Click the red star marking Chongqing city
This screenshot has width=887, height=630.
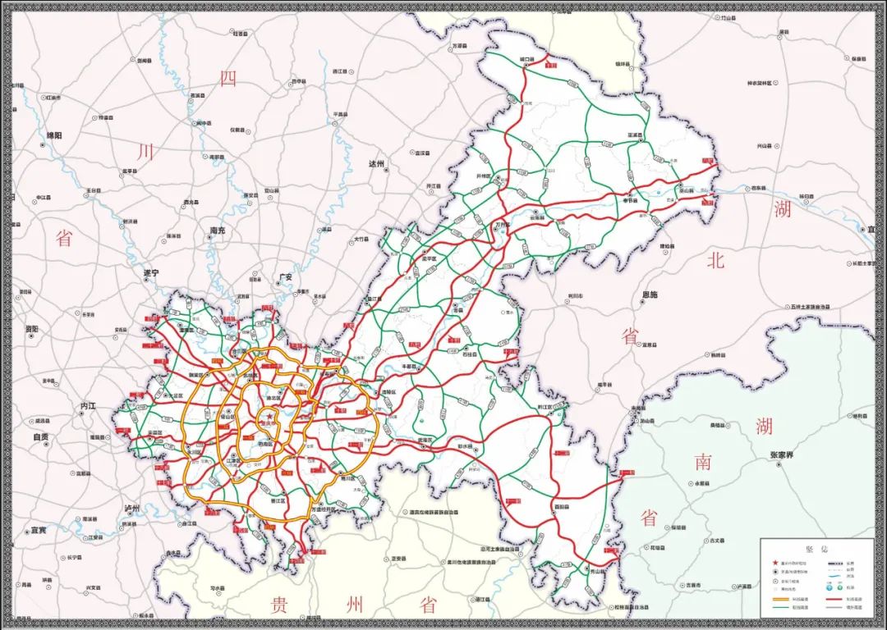(x=268, y=417)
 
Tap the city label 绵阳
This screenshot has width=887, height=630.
(x=54, y=135)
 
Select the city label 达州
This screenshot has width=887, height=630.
(x=378, y=163)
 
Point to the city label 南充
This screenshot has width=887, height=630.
(x=218, y=231)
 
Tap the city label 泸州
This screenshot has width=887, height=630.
(x=134, y=509)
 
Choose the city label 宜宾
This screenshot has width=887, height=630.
(x=39, y=529)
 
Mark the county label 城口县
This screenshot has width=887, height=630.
(x=527, y=60)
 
